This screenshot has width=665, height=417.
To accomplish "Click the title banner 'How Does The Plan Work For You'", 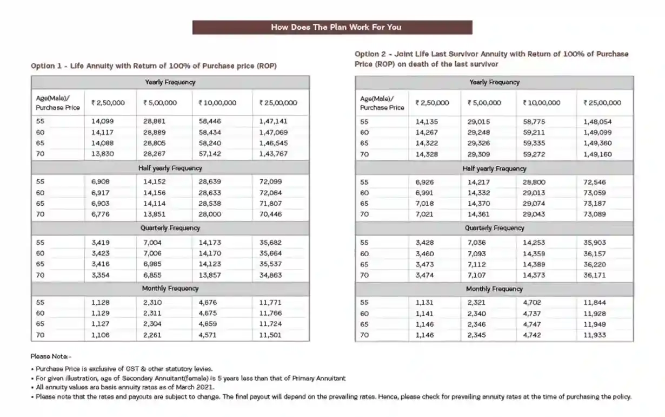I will (x=332, y=27).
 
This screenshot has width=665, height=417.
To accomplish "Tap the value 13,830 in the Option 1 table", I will (x=102, y=154).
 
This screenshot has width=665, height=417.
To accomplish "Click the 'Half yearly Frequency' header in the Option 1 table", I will (x=170, y=168).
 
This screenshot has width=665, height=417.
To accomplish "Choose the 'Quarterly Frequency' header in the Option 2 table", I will (x=494, y=229).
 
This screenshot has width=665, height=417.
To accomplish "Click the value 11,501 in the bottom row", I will (x=270, y=335).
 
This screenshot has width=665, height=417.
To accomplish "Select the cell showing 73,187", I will (x=595, y=204).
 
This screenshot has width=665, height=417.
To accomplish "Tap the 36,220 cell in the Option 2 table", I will (x=595, y=265).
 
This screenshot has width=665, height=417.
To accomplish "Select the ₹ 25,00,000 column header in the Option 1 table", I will (x=278, y=102).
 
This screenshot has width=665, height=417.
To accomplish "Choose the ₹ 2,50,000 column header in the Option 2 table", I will (x=432, y=102).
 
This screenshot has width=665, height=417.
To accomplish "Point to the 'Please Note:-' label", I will (x=51, y=357).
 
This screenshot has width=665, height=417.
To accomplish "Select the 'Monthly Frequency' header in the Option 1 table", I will (x=170, y=289).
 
